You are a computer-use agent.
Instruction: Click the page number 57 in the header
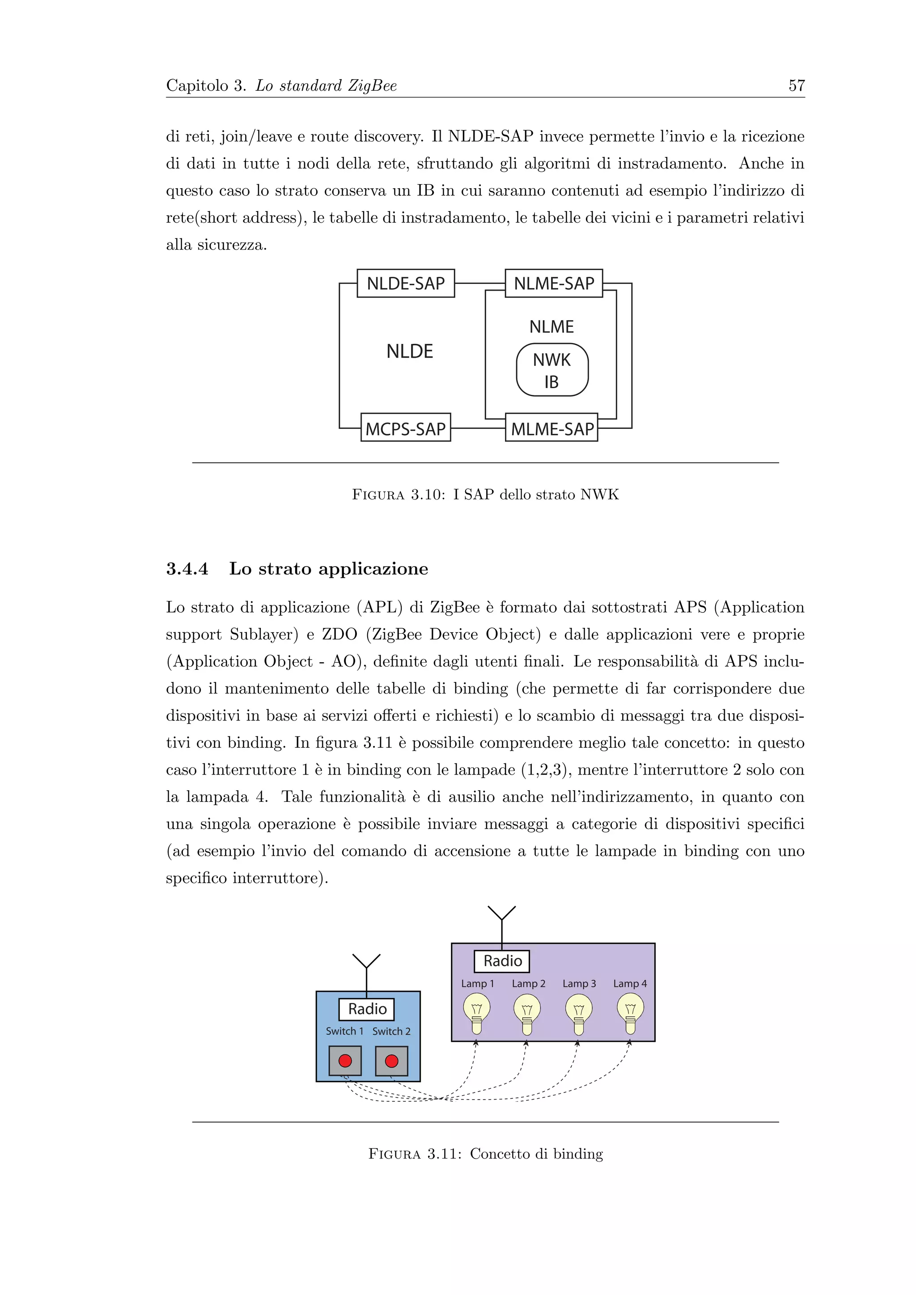click(x=796, y=86)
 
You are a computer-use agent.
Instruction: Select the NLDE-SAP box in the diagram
click(x=406, y=283)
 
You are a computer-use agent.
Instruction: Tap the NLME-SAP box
click(x=554, y=283)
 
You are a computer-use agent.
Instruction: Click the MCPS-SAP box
click(x=406, y=429)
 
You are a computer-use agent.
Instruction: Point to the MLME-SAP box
click(x=551, y=429)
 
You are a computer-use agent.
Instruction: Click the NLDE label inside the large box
click(x=410, y=351)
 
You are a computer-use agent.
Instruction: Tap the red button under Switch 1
click(x=345, y=1061)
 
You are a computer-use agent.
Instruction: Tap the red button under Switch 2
click(x=391, y=1061)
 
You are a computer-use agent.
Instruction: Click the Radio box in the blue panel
click(x=367, y=1009)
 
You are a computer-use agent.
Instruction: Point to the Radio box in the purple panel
click(x=502, y=961)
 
